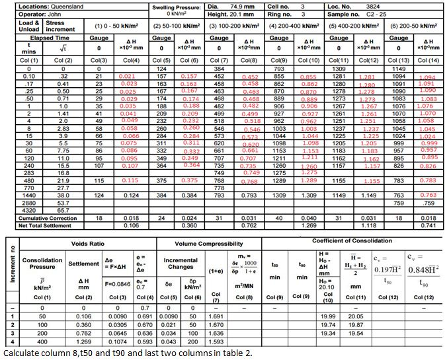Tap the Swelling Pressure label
pos(177,6)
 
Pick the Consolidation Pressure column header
pos(42,264)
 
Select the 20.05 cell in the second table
pos(356,316)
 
